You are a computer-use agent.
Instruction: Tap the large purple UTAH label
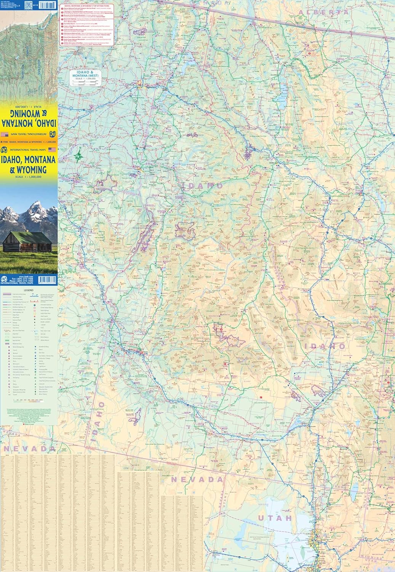(x=275, y=518)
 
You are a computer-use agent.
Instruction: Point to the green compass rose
(x=78, y=156)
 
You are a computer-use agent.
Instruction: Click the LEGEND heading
(x=29, y=290)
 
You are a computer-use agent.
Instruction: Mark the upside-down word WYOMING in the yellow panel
(x=29, y=114)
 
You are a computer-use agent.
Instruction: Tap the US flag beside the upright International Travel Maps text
(x=52, y=150)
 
